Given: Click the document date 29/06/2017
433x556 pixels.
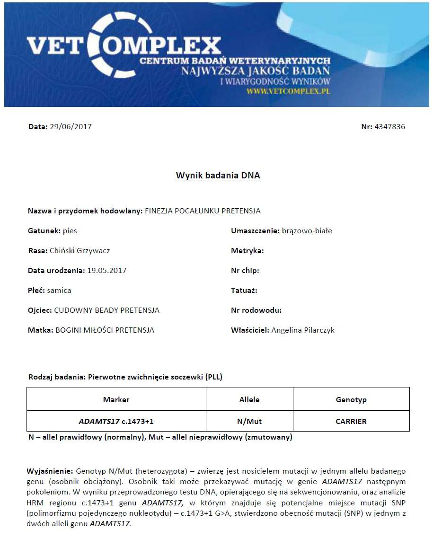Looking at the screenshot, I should [x=71, y=127].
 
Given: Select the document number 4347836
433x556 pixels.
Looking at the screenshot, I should [x=389, y=127].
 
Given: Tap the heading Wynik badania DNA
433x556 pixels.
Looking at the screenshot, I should [x=218, y=176].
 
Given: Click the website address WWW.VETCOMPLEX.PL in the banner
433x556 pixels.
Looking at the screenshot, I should [x=288, y=90].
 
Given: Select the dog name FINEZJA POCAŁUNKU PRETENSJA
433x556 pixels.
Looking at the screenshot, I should [x=203, y=211].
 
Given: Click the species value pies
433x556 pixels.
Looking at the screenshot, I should [x=70, y=231].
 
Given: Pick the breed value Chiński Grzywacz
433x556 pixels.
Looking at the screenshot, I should [x=80, y=251].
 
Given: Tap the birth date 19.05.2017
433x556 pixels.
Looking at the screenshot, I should [x=106, y=271].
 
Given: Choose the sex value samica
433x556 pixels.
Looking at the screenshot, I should [x=59, y=291].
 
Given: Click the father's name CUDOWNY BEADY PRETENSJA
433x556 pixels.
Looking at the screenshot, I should [x=107, y=310].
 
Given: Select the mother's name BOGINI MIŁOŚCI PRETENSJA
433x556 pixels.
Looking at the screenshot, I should [x=105, y=330].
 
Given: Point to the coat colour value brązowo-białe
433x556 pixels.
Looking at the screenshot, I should [x=307, y=231].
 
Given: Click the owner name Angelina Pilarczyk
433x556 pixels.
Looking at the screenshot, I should [x=303, y=330].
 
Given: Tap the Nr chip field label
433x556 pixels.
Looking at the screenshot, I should [x=245, y=271].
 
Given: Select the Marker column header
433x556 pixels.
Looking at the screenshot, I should [x=116, y=400].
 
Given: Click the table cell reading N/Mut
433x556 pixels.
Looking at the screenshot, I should [x=249, y=421].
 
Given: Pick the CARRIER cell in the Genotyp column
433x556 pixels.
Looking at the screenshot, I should [x=351, y=421].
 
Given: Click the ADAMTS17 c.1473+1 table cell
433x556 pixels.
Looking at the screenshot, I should [x=116, y=421].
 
